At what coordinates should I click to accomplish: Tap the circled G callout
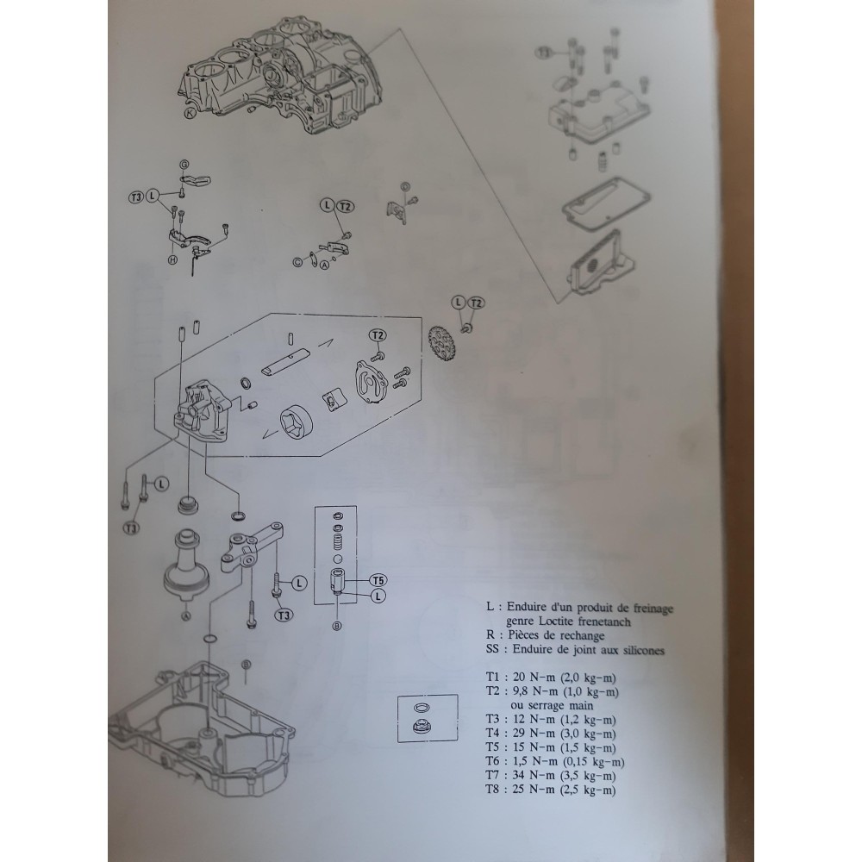[x=184, y=165]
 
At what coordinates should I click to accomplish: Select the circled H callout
[x=172, y=259]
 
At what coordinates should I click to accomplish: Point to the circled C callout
[x=297, y=263]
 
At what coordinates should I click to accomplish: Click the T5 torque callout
[x=378, y=580]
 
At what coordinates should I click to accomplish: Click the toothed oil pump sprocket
[x=440, y=343]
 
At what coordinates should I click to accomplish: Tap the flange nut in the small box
[x=422, y=728]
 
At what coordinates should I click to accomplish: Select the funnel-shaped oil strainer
[x=187, y=565]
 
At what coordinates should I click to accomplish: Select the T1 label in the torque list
[x=493, y=678]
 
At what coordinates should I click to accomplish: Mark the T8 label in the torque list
[x=493, y=790]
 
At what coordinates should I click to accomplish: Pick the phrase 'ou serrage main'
[x=552, y=705]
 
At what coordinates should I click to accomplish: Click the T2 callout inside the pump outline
[x=378, y=335]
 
